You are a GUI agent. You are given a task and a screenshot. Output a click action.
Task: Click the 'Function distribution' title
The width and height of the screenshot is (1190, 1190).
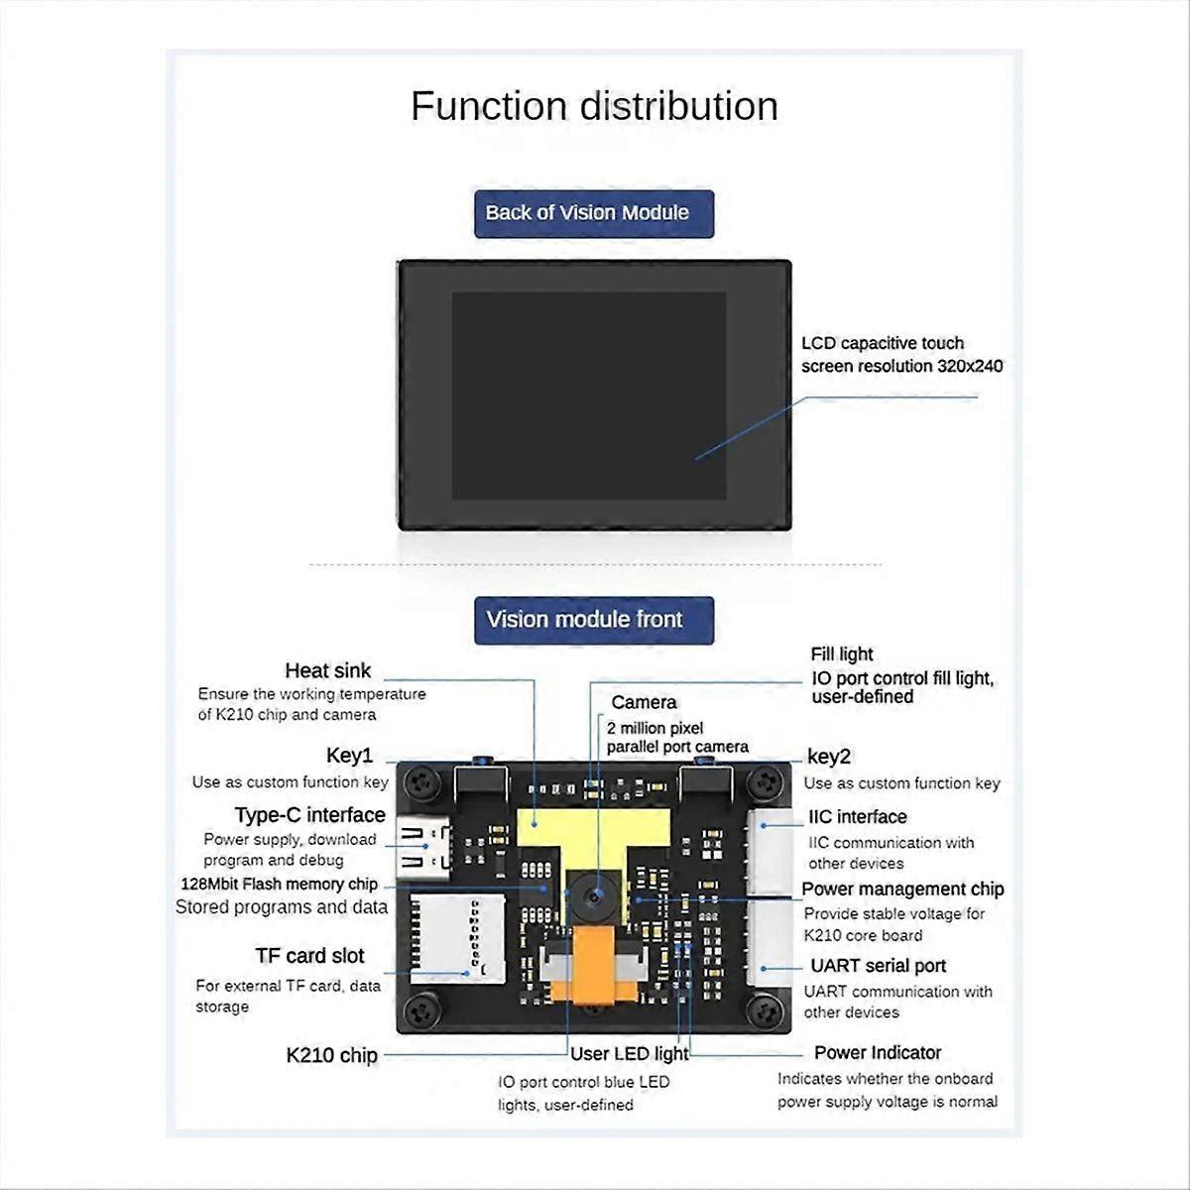594,106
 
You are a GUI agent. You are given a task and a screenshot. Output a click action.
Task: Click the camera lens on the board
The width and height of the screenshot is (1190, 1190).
593,896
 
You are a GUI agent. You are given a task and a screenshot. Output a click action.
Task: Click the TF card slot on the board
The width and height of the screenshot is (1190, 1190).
456,937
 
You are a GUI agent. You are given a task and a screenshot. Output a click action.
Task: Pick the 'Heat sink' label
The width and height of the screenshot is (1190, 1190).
327,671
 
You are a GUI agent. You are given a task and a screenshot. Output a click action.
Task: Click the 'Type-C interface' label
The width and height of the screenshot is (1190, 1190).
309,815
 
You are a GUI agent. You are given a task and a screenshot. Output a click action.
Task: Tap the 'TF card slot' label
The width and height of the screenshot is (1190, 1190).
309,956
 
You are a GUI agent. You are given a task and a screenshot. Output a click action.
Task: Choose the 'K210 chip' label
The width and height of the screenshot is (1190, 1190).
331,1055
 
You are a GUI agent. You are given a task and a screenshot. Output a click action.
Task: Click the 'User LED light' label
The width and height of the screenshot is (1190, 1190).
629,1053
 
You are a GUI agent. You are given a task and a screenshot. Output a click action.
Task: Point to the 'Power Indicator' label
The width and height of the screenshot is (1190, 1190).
877,1053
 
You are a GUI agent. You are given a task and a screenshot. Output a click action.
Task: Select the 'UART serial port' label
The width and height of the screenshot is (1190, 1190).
878,966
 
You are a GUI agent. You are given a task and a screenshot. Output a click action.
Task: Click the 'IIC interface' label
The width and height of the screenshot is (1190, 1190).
858,817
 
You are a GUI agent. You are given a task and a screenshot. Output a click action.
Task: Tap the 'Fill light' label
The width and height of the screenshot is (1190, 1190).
841,654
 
